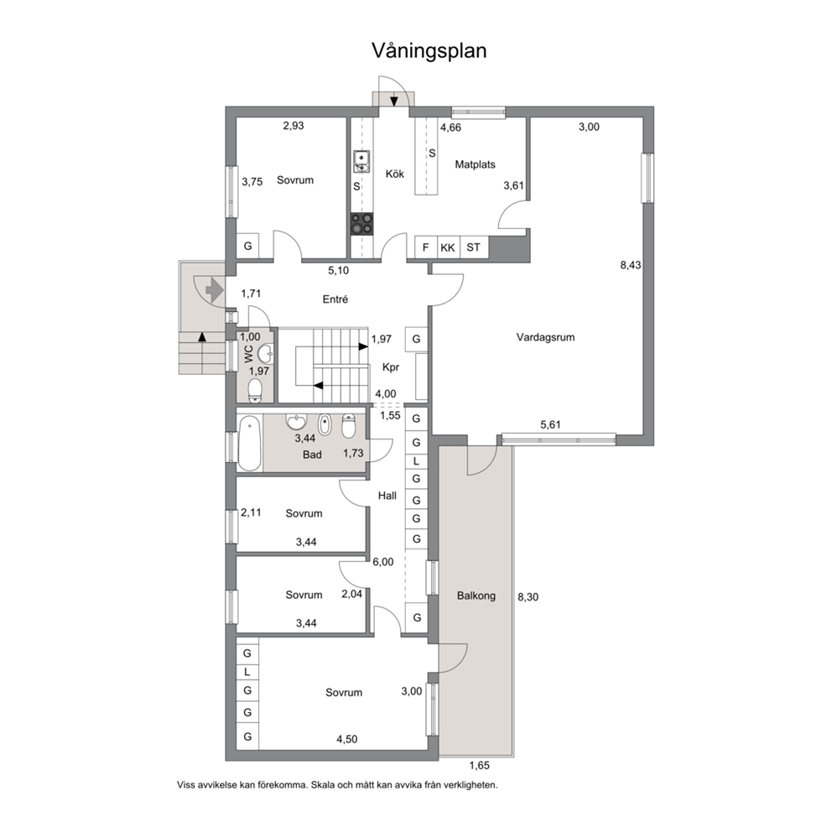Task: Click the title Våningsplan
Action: [x=429, y=51]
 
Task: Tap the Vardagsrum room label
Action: [x=545, y=337]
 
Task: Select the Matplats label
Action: [x=475, y=164]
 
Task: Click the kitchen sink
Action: [x=361, y=161]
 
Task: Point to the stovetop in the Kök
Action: [x=361, y=223]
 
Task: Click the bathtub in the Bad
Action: [x=249, y=444]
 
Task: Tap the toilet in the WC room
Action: [x=256, y=389]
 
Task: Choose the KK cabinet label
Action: [x=448, y=247]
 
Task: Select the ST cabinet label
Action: [x=473, y=247]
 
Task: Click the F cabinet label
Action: [x=425, y=247]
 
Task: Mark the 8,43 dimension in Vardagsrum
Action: [x=631, y=265]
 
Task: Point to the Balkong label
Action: [x=476, y=595]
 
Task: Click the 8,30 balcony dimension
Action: [x=528, y=597]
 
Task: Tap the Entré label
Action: [x=335, y=299]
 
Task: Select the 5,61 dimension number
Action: [x=550, y=424]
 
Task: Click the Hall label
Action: [x=387, y=497]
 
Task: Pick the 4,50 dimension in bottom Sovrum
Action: [x=346, y=739]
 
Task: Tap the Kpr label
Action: [x=391, y=367]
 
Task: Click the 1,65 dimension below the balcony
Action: [x=479, y=766]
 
